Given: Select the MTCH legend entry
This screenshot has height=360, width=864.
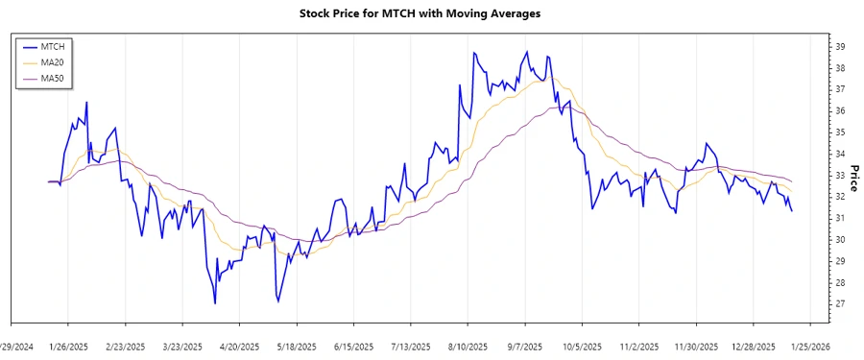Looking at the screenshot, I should coord(53,46).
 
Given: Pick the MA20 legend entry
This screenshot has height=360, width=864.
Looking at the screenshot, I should coord(53,62).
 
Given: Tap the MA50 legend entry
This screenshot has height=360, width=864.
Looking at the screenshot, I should coord(53,79).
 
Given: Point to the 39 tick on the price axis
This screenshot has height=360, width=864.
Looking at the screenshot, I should coord(840,47).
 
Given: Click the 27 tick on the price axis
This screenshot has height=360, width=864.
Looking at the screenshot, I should coord(840,303).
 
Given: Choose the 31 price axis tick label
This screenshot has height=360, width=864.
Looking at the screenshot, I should coord(840,218).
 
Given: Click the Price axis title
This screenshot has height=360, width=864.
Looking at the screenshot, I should coord(854,174).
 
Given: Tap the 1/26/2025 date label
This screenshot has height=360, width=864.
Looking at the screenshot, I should coord(69,347).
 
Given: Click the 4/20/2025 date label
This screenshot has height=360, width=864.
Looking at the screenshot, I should coord(240,347).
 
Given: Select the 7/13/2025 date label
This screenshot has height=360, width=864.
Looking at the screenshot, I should coord(411,347).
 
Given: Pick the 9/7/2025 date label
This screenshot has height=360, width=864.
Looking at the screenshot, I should coord(525,347).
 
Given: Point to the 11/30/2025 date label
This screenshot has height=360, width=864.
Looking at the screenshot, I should coord(696,347).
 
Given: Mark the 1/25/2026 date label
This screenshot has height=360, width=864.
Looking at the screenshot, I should coord(809,347).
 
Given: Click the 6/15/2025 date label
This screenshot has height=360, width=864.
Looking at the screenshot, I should coord(354,347).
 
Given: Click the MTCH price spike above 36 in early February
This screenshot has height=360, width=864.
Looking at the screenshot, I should coord(86,102).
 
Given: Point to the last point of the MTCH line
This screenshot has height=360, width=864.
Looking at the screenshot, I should coord(792,211).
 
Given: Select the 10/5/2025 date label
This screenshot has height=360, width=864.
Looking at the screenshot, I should coord(582,347).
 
